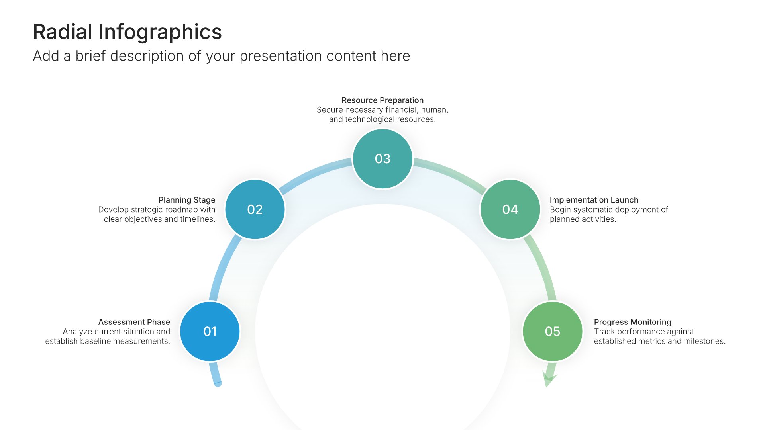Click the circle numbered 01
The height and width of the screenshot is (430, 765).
[210, 331]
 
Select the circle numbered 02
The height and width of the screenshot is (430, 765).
[255, 209]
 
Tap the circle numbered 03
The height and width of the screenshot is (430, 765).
[382, 158]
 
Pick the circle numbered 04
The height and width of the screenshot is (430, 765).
[510, 209]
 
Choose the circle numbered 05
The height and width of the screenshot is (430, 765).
[553, 331]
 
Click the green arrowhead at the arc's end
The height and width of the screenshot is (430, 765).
[549, 379]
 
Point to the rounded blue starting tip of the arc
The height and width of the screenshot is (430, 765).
[218, 383]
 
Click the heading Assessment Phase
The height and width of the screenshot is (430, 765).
[134, 322]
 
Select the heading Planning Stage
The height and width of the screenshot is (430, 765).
[187, 200]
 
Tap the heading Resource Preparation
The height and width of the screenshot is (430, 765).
[382, 100]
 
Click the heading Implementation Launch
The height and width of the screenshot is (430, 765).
[594, 200]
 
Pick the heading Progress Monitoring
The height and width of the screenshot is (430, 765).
[633, 322]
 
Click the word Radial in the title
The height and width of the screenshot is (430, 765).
[63, 32]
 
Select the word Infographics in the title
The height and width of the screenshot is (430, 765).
[160, 33]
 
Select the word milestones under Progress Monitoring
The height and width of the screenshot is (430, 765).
[705, 341]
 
